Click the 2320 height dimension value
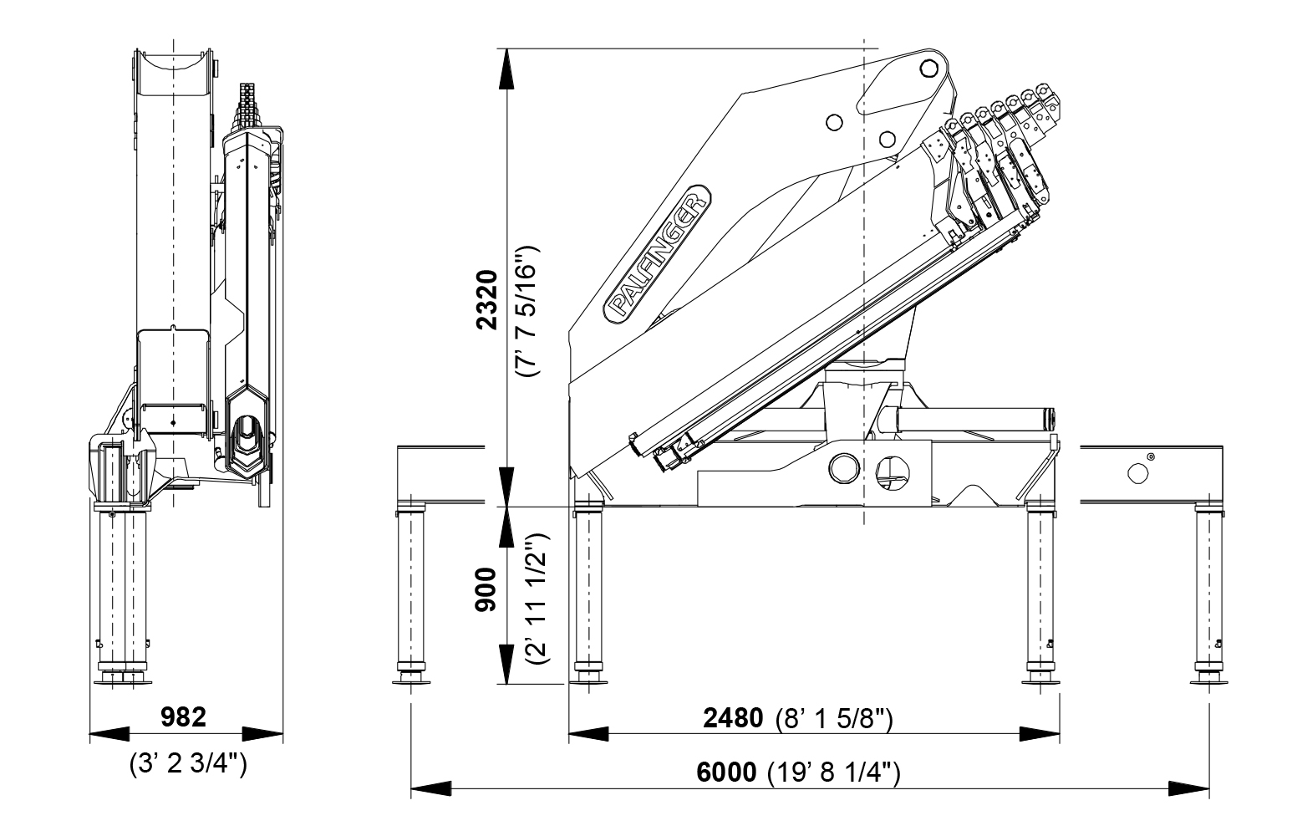point(486,299)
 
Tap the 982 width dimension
point(183,716)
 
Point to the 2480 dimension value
point(733,718)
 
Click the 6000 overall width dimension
point(725,772)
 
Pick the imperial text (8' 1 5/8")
point(834,718)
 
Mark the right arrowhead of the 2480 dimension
point(1040,734)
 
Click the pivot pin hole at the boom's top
point(926,66)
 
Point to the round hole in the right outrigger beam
point(1138,473)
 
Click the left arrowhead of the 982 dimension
point(109,734)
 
